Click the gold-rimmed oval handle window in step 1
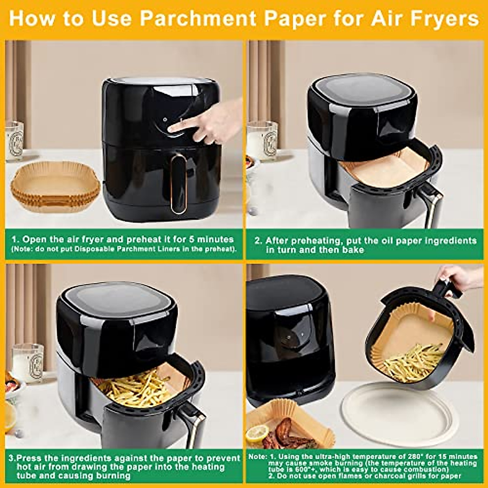click(x=178, y=183)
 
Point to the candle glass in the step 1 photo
click(x=14, y=140)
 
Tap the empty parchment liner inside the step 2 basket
click(x=378, y=167)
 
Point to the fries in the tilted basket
click(x=413, y=362)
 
